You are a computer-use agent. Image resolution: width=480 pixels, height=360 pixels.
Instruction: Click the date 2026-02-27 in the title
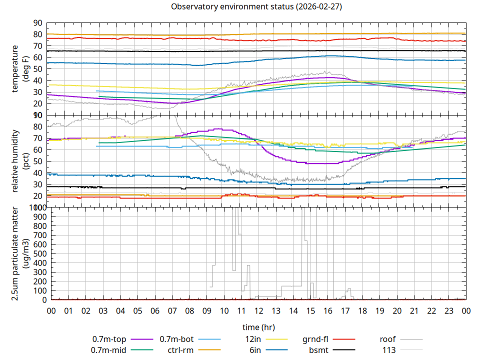point(318,7)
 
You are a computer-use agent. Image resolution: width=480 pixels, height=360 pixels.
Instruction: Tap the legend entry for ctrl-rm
point(180,350)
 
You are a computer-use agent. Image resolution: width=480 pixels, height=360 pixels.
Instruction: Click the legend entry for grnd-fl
point(315,339)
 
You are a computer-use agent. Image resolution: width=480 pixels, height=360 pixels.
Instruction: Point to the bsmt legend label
point(318,350)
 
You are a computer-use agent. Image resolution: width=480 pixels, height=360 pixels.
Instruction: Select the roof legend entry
point(388,339)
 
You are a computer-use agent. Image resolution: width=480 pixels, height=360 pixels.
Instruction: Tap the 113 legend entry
point(389,350)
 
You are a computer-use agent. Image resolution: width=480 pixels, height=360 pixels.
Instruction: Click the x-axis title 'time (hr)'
point(258,327)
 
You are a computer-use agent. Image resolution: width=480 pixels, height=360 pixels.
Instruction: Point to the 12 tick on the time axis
point(258,310)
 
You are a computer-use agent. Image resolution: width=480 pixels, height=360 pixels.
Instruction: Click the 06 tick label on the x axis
point(154,310)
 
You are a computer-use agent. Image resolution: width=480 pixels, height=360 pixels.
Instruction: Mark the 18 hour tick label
point(362,310)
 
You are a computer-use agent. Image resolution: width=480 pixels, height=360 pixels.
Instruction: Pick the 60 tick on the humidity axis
point(37,149)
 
